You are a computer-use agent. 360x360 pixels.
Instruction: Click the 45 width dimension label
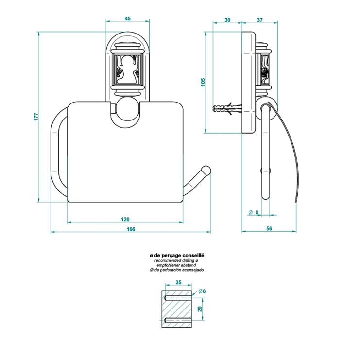[128, 18]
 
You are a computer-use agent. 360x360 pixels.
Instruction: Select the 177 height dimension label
[36, 117]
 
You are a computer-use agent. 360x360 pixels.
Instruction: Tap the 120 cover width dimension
[125, 219]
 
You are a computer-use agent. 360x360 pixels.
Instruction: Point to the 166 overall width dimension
[131, 229]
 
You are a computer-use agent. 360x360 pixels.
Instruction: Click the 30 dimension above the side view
[227, 20]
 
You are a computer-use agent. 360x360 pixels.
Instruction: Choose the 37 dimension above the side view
[259, 20]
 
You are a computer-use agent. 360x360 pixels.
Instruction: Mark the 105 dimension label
[203, 82]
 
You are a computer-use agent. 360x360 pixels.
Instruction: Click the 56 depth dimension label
[269, 228]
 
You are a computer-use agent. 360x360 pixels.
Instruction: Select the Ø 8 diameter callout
[254, 212]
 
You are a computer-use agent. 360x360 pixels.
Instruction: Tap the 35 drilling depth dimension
[178, 282]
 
